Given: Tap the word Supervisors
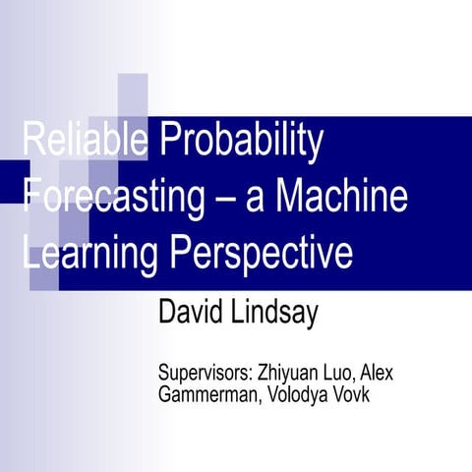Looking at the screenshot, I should (204, 376).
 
